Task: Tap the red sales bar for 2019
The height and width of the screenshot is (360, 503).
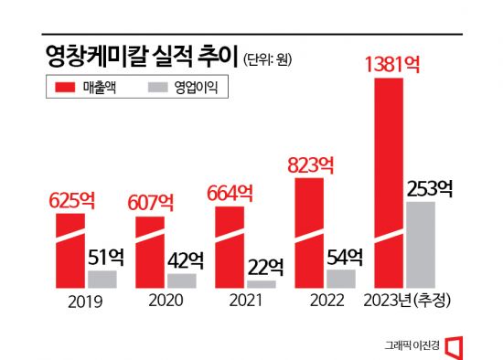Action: pyautogui.click(x=70, y=251)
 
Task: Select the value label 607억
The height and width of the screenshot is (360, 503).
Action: pyautogui.click(x=149, y=201)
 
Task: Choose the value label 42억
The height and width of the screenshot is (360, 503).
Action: pyautogui.click(x=187, y=259)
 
